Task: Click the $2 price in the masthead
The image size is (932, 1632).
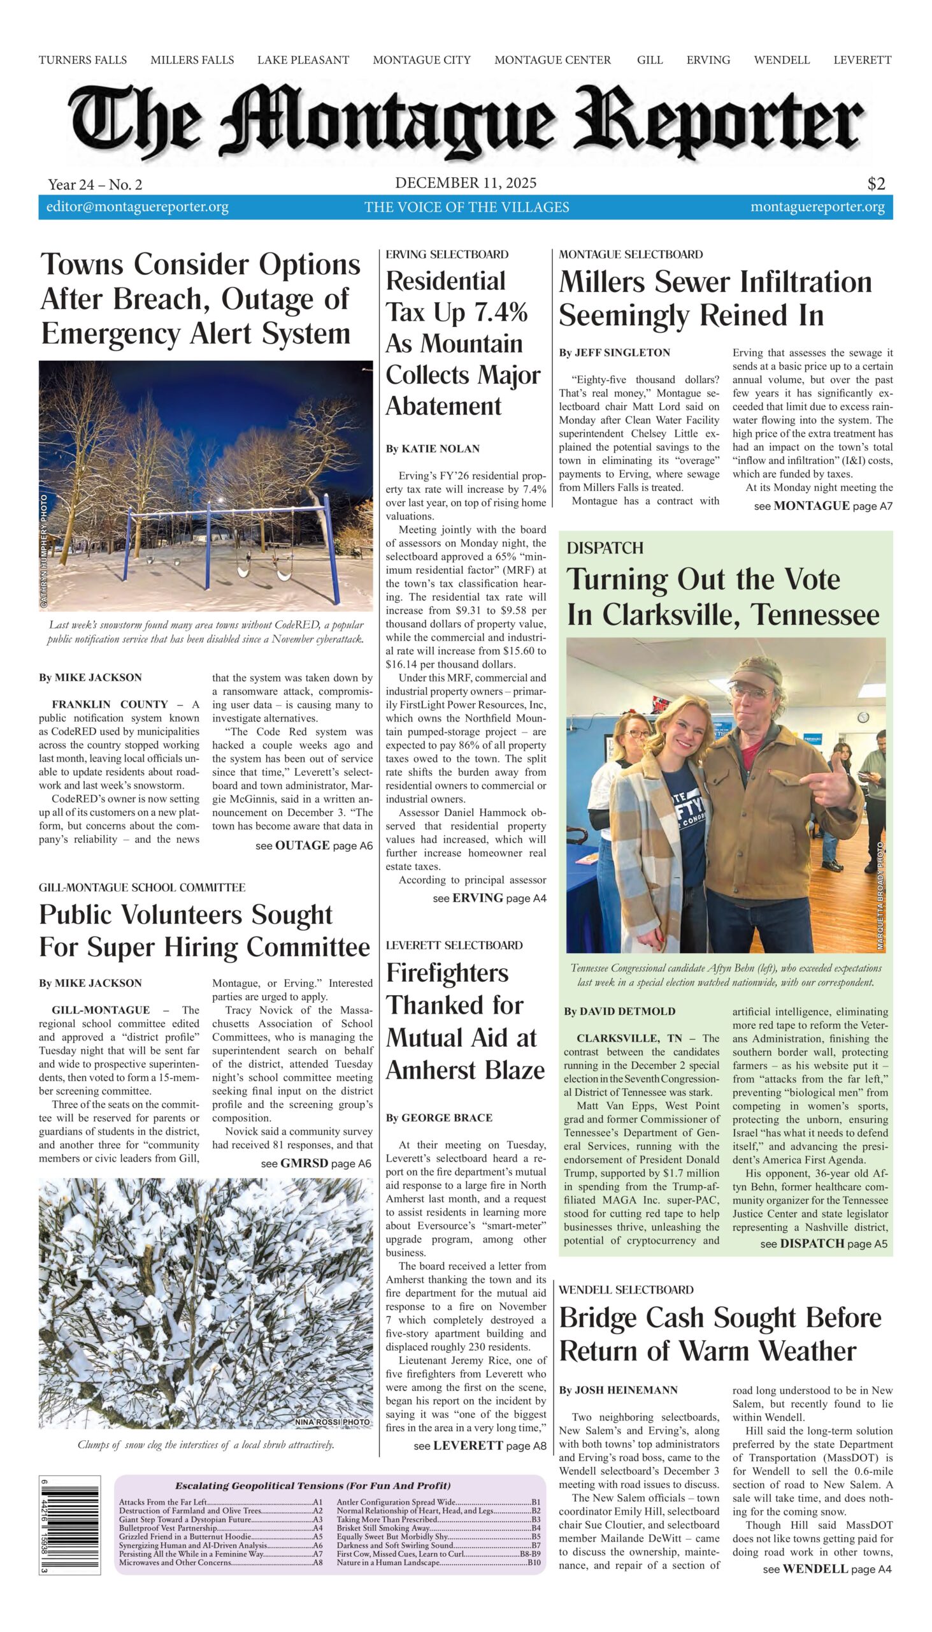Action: point(876,184)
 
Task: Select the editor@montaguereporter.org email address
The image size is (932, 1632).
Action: point(137,207)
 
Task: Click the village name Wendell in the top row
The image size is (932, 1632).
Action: point(781,60)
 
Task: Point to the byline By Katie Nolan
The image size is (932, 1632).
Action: point(432,449)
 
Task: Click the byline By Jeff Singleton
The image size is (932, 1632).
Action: point(614,353)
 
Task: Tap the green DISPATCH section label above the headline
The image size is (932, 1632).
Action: point(605,548)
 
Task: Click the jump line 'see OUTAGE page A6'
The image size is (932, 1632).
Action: point(313,845)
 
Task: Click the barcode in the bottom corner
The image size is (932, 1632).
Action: point(69,1529)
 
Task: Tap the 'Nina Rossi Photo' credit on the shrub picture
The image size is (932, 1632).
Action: point(332,1421)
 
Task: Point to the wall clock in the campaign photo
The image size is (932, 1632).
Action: point(862,717)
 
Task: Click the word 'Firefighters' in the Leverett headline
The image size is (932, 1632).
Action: point(447,973)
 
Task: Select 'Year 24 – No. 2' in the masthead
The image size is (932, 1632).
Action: point(95,185)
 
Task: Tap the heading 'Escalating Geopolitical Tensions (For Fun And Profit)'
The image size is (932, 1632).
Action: point(312,1485)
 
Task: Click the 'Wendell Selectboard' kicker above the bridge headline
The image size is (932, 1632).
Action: point(626,1289)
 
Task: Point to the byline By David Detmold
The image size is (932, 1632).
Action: point(619,1011)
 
